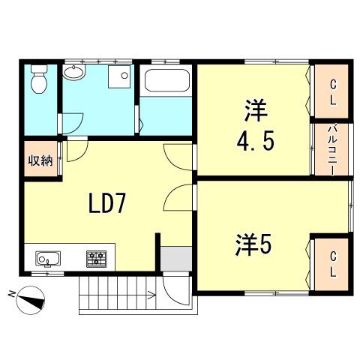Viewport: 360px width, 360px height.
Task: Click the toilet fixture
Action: pyautogui.click(x=39, y=79)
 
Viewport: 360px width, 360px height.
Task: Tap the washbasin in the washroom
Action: pyautogui.click(x=74, y=72)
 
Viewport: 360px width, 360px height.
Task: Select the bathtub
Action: pyautogui.click(x=167, y=80)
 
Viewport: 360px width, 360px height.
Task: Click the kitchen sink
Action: pyautogui.click(x=48, y=259)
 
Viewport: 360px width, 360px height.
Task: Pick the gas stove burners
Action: pyautogui.click(x=97, y=259)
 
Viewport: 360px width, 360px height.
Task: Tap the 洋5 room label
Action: pyautogui.click(x=253, y=244)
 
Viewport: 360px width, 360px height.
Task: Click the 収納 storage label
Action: pyautogui.click(x=40, y=160)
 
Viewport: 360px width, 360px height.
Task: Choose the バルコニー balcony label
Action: pyautogui.click(x=332, y=151)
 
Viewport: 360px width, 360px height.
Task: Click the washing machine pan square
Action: pyautogui.click(x=119, y=76)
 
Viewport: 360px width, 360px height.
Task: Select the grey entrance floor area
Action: pyautogui.click(x=176, y=259)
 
